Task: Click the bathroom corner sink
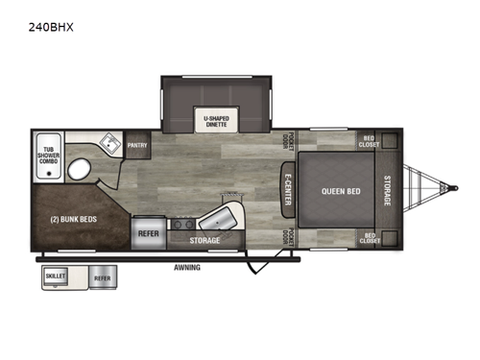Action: pyautogui.click(x=110, y=145)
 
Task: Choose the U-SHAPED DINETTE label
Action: pyautogui.click(x=216, y=121)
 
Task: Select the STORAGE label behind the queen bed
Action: pyautogui.click(x=388, y=189)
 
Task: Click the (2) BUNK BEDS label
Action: pyautogui.click(x=71, y=218)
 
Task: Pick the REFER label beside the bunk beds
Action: pyautogui.click(x=148, y=231)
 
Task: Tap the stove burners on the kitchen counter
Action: pyautogui.click(x=180, y=225)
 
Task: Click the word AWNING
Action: pyautogui.click(x=188, y=268)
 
